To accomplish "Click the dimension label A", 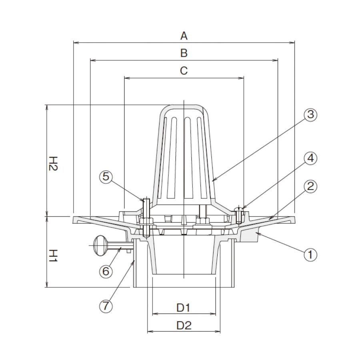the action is point(184,36).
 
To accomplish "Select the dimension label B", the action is point(184,53).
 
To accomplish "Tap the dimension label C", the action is point(184,71).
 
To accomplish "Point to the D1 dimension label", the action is point(184,308).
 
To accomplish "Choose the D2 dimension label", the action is point(184,325).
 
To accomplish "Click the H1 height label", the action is point(53,256).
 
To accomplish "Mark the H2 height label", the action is point(53,164).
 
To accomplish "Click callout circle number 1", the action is point(310,255).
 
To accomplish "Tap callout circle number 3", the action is point(310,114).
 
